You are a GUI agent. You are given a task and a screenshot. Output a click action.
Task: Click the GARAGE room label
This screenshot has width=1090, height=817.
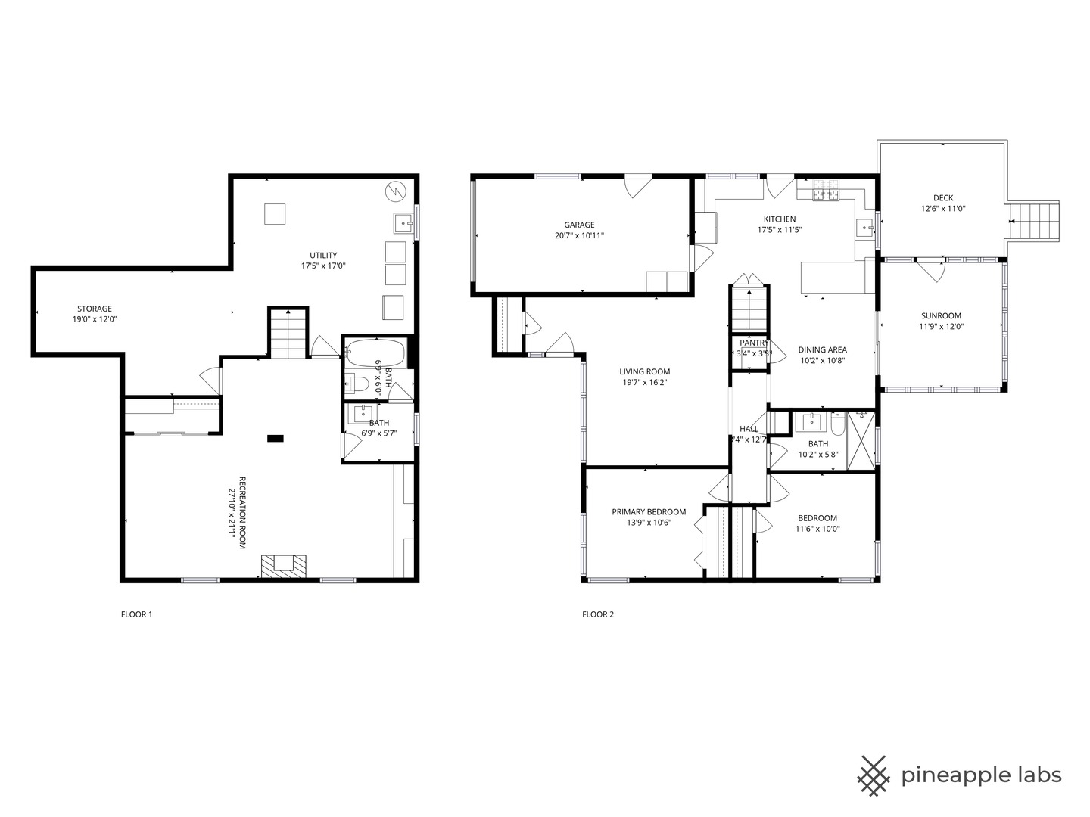coord(579,225)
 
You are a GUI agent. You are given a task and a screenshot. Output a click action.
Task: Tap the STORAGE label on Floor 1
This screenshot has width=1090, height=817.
coord(95,309)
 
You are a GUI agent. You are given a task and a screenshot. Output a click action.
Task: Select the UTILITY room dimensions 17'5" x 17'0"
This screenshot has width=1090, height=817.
coord(323,266)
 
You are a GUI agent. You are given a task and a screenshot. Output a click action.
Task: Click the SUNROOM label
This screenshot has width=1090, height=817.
coord(941,316)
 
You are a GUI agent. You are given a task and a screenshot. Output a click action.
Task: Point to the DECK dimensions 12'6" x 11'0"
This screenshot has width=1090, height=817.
coord(942,209)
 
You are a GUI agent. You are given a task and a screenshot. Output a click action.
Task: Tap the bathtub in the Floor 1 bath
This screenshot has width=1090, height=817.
coord(376,352)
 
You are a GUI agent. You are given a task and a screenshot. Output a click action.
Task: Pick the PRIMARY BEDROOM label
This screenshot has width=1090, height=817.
coord(649,512)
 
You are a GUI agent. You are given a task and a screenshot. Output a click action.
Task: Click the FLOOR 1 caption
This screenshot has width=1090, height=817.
coord(136,614)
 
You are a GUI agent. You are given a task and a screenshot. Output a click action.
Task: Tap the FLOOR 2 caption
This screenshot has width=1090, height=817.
coord(598,614)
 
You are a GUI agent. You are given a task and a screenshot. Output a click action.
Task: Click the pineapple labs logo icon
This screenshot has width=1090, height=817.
coord(874,775)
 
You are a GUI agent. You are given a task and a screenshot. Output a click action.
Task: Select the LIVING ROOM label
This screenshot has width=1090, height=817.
coord(645,371)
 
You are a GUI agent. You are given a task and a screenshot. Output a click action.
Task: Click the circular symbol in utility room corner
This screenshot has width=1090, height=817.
coord(395,192)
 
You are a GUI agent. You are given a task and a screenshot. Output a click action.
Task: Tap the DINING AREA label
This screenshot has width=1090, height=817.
coord(822,350)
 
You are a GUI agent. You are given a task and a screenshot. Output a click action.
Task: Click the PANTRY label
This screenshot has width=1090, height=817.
coord(754,343)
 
